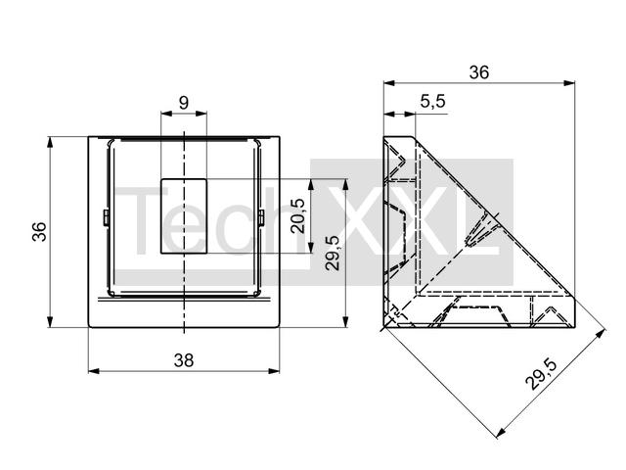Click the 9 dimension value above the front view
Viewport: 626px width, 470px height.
[x=184, y=103]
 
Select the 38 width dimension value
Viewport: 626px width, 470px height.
[x=184, y=360]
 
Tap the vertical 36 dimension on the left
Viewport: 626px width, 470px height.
[x=39, y=232]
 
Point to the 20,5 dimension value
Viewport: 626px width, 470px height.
[x=297, y=215]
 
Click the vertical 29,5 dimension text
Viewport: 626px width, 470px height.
[x=333, y=254]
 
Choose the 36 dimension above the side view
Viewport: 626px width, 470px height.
[x=478, y=72]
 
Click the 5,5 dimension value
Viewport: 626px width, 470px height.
[x=432, y=102]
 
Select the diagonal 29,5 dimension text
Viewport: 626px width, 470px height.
[x=541, y=374]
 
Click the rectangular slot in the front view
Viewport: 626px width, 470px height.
[x=184, y=215]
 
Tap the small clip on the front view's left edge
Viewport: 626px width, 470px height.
[x=107, y=217]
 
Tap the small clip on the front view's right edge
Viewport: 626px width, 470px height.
[x=261, y=217]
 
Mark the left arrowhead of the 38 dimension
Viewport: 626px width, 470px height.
[x=94, y=371]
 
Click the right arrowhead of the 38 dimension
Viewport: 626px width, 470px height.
[x=274, y=371]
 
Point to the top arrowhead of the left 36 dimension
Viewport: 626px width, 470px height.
[x=50, y=142]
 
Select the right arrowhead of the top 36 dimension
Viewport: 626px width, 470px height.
[x=569, y=83]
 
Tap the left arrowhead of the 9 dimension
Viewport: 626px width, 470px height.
[x=166, y=114]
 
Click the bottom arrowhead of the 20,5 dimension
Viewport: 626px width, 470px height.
[x=311, y=248]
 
